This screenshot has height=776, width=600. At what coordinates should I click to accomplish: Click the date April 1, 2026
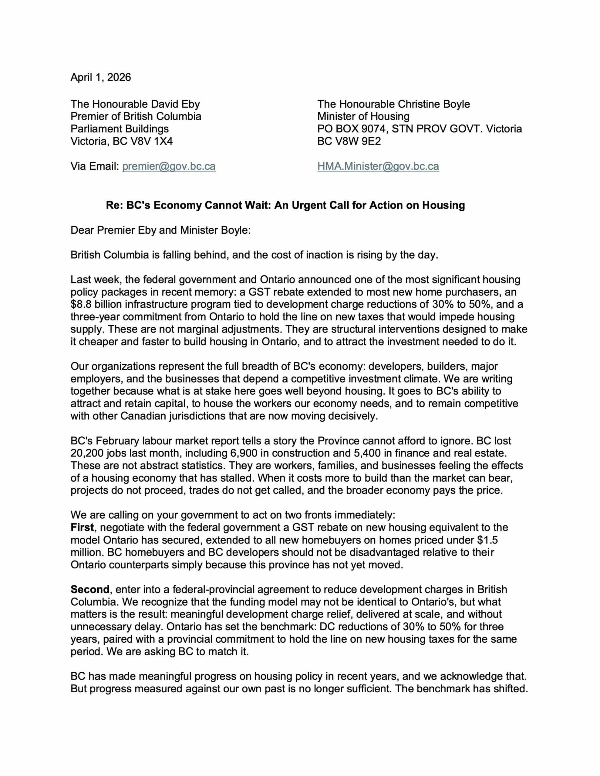click(101, 78)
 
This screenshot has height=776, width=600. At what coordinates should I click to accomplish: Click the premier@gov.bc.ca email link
click(169, 166)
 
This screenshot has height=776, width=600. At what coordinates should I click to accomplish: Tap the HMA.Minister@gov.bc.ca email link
click(378, 166)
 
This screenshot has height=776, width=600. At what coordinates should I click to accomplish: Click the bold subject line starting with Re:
click(285, 206)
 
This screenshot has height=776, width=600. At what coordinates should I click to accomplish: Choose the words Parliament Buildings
click(120, 129)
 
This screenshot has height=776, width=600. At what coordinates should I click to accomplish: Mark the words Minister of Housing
click(363, 116)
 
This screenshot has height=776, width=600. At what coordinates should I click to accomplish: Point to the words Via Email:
click(94, 166)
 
